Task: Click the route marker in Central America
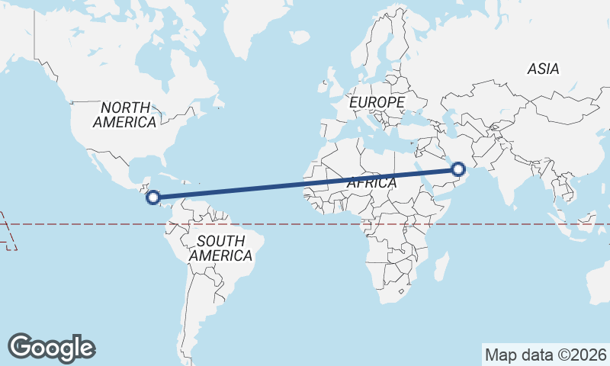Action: tap(152, 197)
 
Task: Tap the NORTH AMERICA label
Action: tap(126, 114)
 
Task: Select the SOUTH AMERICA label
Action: tap(220, 249)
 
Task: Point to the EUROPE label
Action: tap(377, 101)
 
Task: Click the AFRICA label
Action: tap(372, 183)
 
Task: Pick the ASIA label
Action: tap(543, 69)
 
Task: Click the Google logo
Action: tap(52, 348)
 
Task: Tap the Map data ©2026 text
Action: tap(545, 355)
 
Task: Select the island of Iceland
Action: tap(300, 36)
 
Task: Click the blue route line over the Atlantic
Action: tap(267, 188)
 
